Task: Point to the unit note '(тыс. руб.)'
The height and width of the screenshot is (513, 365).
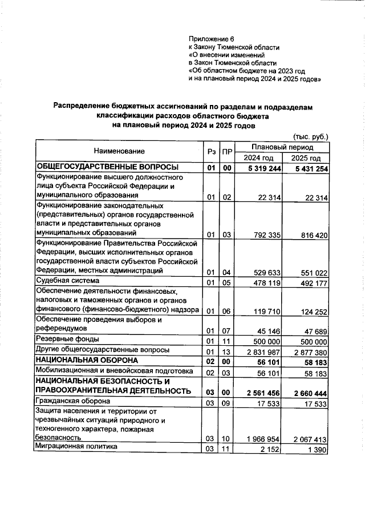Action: [x=311, y=137]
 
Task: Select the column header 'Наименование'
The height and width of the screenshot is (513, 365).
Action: [x=120, y=151]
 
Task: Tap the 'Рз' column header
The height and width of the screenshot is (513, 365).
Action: [x=211, y=151]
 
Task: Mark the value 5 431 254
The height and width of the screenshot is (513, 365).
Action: [x=307, y=168]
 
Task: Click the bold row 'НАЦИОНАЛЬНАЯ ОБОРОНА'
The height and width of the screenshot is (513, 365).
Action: [x=87, y=361]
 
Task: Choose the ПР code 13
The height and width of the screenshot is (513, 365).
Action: [x=226, y=351]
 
